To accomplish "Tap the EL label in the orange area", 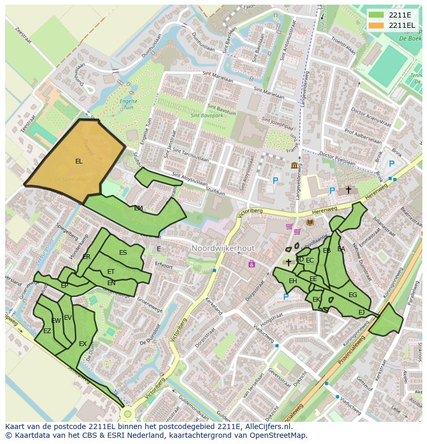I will point(78,161).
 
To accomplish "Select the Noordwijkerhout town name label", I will point(223,249).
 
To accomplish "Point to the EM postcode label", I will point(138,208).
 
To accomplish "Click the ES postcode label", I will point(123,253).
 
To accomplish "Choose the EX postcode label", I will point(83,344).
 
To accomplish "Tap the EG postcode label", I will point(353,295).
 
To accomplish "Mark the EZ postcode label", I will point(47,331).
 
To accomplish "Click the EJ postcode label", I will point(362,313).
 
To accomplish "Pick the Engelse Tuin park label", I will point(125,104).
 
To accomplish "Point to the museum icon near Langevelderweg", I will point(294,165).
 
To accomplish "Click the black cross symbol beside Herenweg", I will point(348,190).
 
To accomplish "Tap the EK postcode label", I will point(316,300).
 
